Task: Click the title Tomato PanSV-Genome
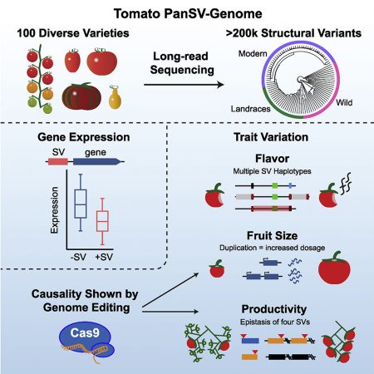187,13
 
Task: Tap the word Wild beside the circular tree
331,108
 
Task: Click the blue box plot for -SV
80,203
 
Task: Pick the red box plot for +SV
102,220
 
